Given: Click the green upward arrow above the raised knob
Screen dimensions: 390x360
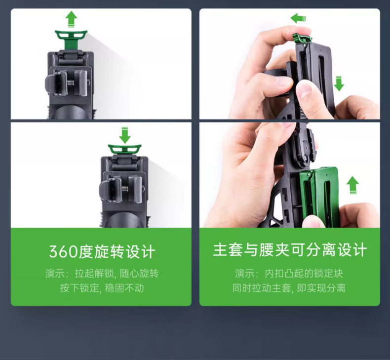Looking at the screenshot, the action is [72, 19].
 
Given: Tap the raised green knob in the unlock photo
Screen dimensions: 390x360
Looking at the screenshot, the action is [71, 40].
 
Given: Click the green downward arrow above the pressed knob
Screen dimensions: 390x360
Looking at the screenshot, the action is [124, 135].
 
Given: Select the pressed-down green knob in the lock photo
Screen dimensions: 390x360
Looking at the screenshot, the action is [124, 149].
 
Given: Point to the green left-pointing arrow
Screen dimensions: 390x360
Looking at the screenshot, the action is [298, 18].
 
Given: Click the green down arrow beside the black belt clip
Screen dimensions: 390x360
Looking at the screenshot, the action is [339, 84].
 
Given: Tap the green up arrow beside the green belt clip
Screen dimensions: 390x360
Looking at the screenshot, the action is [352, 185].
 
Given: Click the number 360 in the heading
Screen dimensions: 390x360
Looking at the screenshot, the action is [64, 252].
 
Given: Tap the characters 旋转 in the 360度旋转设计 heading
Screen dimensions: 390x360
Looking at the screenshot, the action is [109, 252].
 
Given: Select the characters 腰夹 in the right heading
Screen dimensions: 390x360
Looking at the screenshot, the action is [274, 250].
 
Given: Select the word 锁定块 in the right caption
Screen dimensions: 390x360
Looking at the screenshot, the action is [328, 274].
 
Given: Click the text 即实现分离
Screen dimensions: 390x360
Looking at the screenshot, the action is [321, 288].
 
